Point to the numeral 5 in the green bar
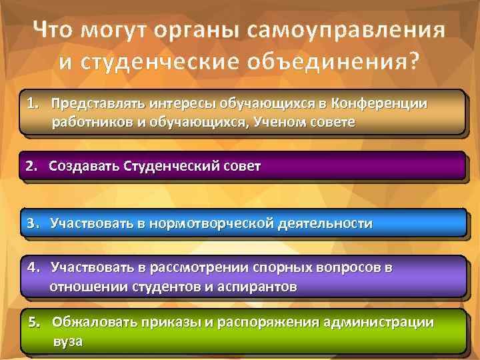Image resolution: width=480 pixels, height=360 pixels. [x=33, y=323]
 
